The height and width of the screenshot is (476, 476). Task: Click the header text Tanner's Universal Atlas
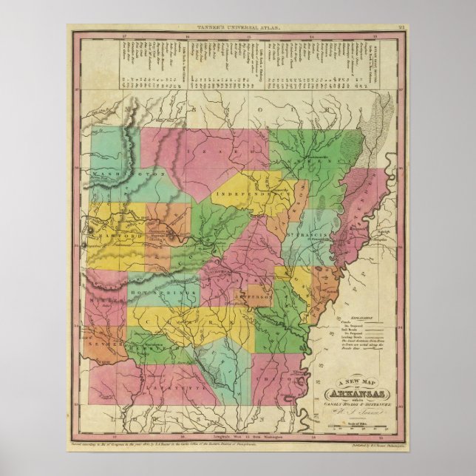(238, 27)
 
